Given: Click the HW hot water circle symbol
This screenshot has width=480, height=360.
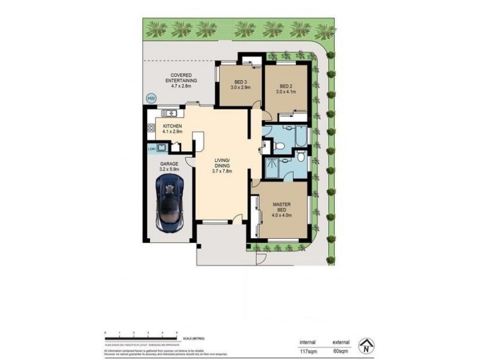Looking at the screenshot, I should coord(151,98).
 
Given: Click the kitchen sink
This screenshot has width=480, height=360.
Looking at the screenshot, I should coord(170,113).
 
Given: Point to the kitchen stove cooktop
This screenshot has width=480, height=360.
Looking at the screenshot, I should coord(151,127).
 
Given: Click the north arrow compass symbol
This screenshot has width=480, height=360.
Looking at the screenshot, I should coord(365,346).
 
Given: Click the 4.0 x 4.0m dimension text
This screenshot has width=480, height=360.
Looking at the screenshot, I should coord(283,215).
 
